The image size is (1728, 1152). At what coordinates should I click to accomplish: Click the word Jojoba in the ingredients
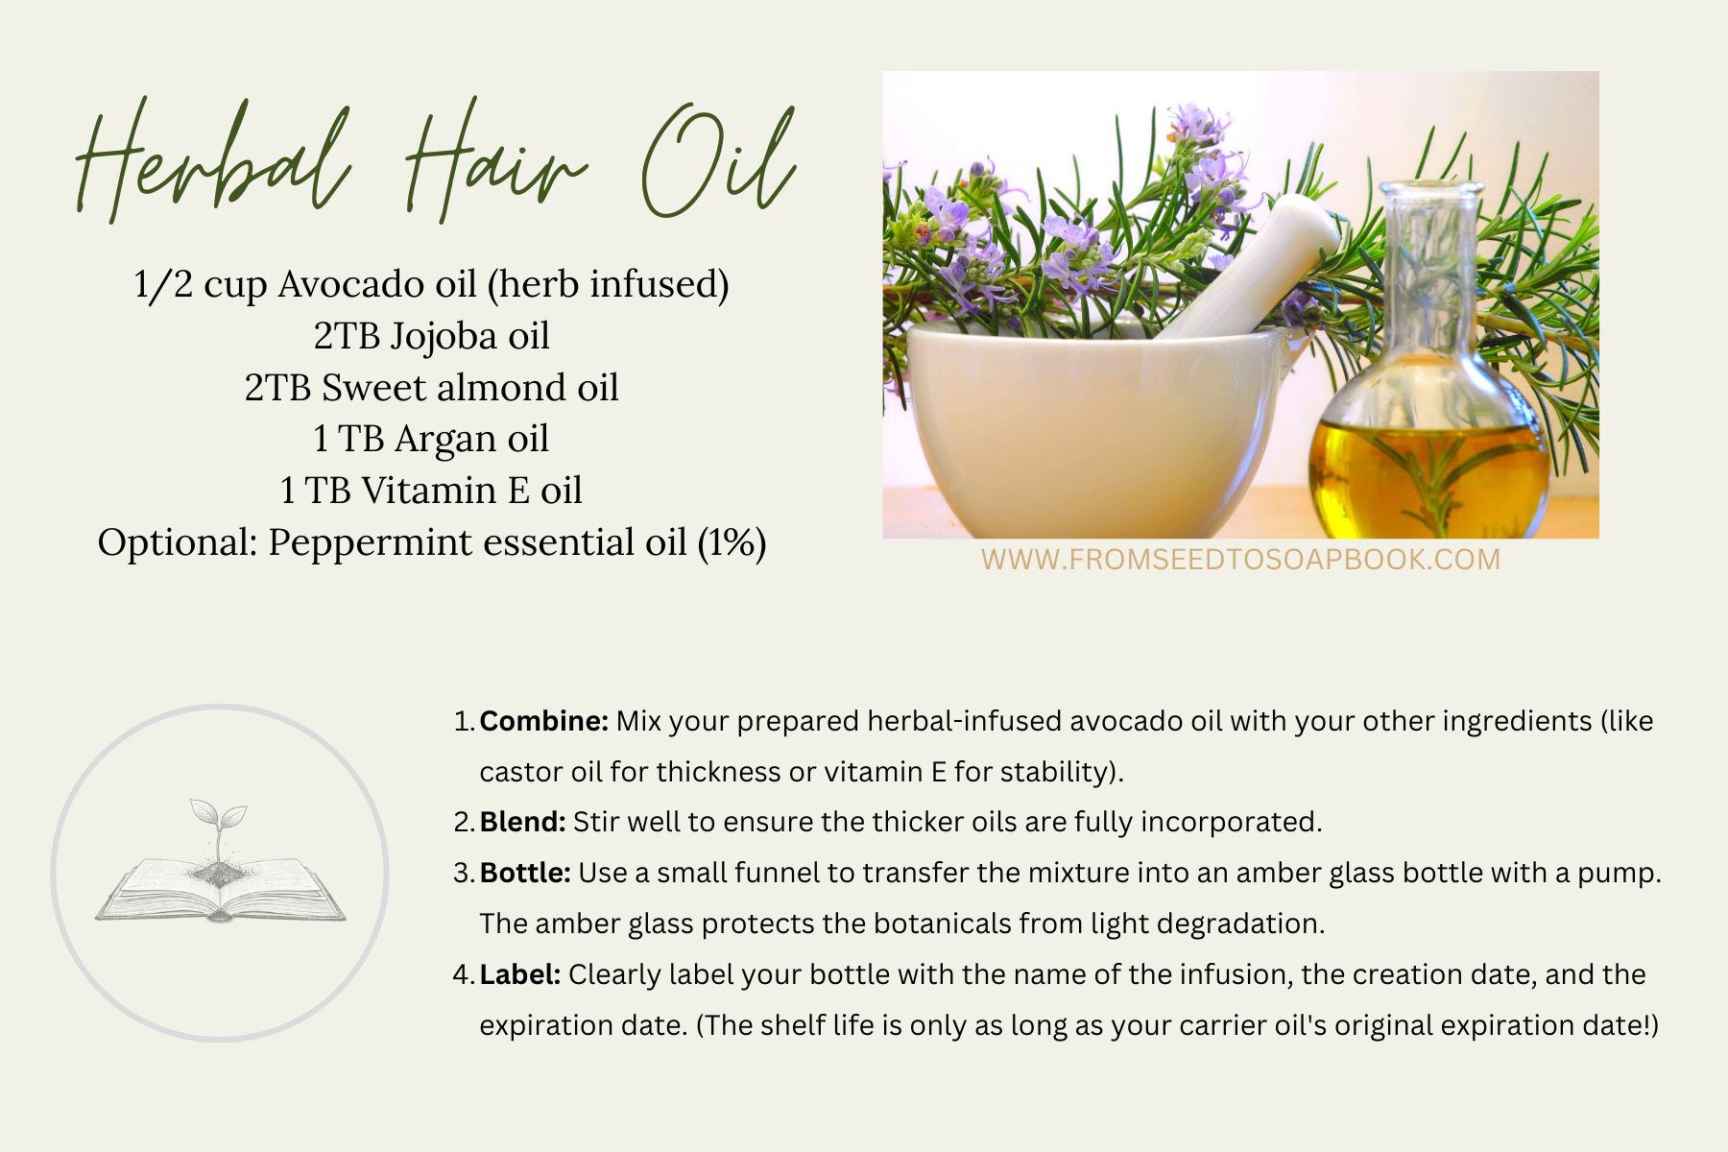coord(444,336)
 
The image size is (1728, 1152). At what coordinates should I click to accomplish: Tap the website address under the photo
coord(1240,560)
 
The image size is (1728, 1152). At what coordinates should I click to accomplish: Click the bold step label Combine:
coord(543,721)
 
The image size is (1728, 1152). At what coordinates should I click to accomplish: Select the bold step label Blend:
coord(522,822)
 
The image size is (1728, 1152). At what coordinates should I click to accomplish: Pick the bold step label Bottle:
coord(525,873)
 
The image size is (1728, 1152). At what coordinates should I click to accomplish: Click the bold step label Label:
coord(519,974)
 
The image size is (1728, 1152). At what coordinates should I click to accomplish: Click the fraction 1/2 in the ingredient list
coord(163,284)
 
